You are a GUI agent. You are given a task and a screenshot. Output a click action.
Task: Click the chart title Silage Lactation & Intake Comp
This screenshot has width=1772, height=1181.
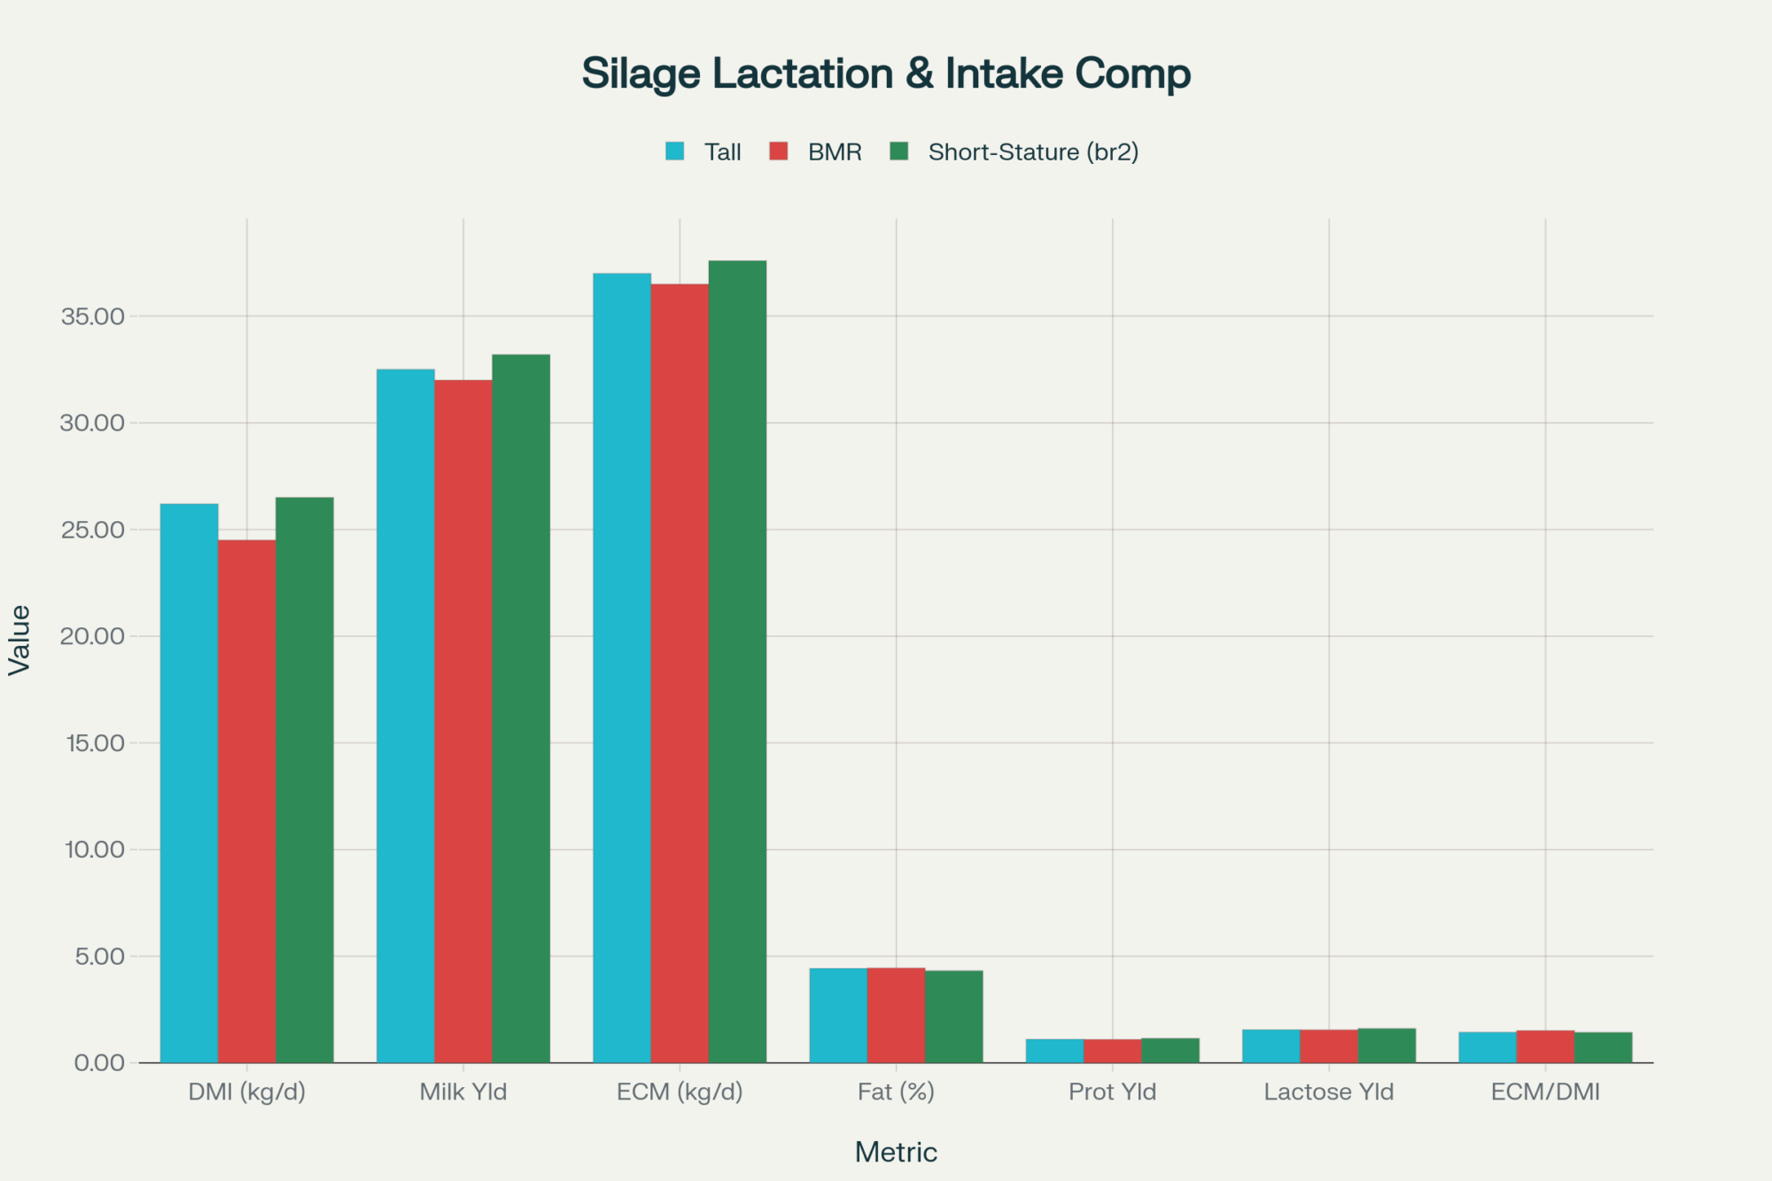click(886, 74)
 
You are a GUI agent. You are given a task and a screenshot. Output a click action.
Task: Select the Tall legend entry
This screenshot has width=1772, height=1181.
click(704, 152)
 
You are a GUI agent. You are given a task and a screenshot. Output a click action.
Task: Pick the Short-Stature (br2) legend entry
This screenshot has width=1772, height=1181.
click(1015, 152)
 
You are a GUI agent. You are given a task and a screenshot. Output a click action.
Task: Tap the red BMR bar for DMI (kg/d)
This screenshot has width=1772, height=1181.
click(246, 797)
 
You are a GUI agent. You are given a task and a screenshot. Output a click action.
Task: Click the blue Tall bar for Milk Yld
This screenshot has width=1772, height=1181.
click(405, 709)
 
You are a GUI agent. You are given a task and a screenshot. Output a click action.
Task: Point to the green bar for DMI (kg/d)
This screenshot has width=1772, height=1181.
click(305, 780)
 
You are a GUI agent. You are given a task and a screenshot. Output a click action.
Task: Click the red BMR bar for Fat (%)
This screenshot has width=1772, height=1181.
click(896, 1015)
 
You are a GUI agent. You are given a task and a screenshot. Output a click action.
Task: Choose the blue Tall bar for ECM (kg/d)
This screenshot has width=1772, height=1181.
click(622, 664)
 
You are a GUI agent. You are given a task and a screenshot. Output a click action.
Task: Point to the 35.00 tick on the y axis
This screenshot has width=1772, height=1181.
click(92, 316)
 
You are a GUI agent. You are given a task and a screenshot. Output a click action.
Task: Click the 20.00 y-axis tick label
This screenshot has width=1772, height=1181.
click(92, 636)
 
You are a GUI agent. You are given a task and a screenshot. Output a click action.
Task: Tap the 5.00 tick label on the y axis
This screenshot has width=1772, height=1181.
click(99, 956)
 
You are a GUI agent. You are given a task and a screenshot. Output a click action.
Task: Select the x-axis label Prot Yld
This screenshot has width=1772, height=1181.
click(1112, 1092)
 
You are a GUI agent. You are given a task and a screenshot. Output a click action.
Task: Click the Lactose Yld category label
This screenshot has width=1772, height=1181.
click(1328, 1092)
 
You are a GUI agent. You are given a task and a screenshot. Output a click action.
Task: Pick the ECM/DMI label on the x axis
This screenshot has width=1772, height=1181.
click(1545, 1092)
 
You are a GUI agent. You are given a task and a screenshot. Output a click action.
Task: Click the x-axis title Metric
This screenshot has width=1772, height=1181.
click(896, 1152)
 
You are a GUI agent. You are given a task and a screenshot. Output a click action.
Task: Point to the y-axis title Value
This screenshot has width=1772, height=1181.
click(19, 640)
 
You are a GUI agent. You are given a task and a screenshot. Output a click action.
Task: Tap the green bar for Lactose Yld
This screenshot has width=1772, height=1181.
click(1387, 1045)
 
